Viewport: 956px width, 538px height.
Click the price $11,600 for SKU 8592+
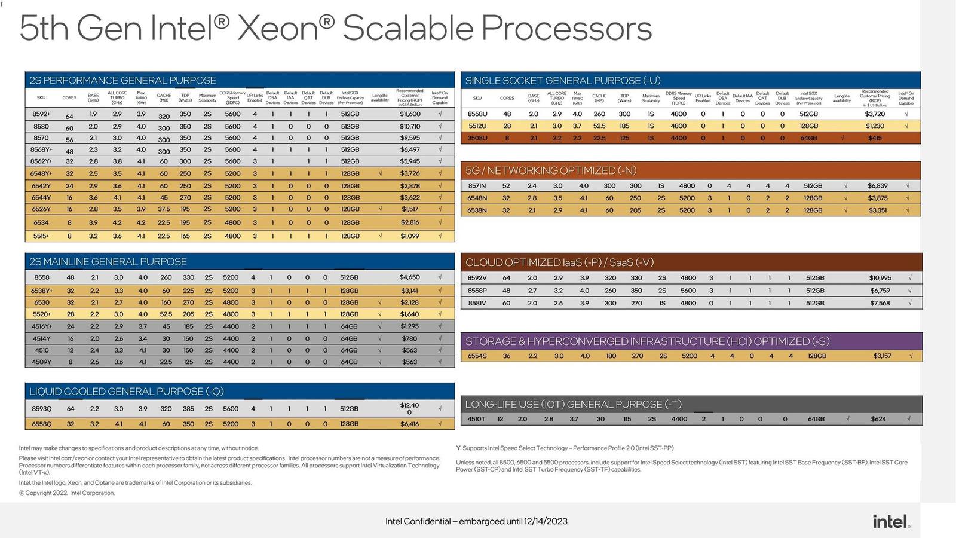point(410,114)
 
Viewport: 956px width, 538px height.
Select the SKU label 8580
point(41,127)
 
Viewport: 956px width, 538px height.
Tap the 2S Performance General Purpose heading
point(122,80)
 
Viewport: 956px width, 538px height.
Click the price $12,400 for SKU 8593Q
point(409,409)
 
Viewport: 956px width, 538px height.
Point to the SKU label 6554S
point(477,356)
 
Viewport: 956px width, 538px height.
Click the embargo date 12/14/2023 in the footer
point(546,521)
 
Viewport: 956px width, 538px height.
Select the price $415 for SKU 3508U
point(875,138)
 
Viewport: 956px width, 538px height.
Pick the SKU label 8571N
point(477,186)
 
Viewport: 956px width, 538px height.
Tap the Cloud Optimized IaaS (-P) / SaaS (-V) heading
point(559,262)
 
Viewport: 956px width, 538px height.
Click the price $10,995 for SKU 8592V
point(880,278)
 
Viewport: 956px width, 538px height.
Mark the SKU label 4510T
point(476,419)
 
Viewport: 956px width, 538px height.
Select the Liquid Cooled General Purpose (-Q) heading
point(127,392)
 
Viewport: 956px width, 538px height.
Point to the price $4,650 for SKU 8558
point(409,277)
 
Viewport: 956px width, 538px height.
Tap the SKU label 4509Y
point(41,362)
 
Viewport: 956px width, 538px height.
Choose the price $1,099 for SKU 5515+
point(409,236)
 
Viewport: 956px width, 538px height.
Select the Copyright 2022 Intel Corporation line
point(67,493)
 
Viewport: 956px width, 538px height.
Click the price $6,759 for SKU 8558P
point(880,291)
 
